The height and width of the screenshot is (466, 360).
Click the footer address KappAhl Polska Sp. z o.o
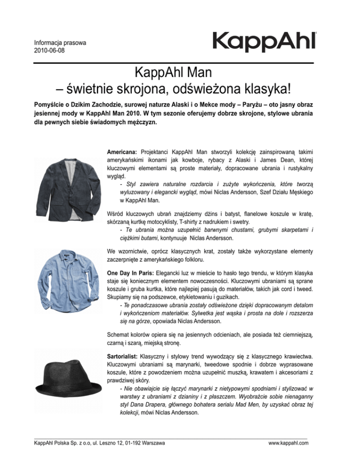(x=99, y=442)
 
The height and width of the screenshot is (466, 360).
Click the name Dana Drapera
(x=141, y=406)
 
